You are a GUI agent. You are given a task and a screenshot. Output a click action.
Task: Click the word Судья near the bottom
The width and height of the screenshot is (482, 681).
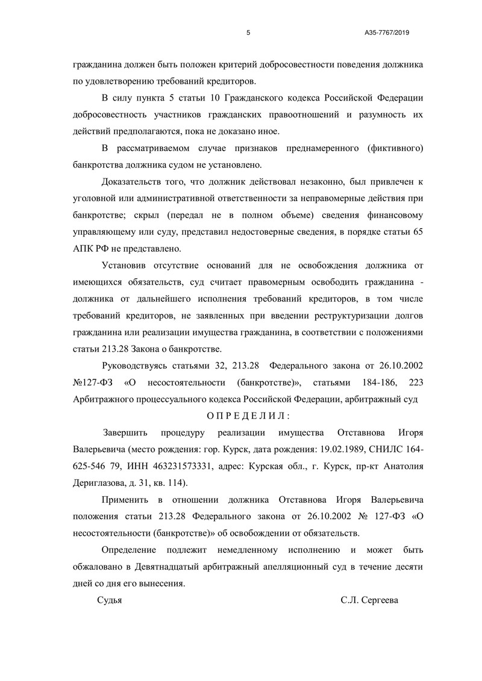(x=110, y=600)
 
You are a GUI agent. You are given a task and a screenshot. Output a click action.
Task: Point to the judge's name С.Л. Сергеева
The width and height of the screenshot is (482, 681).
(x=369, y=600)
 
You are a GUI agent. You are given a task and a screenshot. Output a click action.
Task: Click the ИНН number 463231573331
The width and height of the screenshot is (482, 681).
(x=180, y=466)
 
